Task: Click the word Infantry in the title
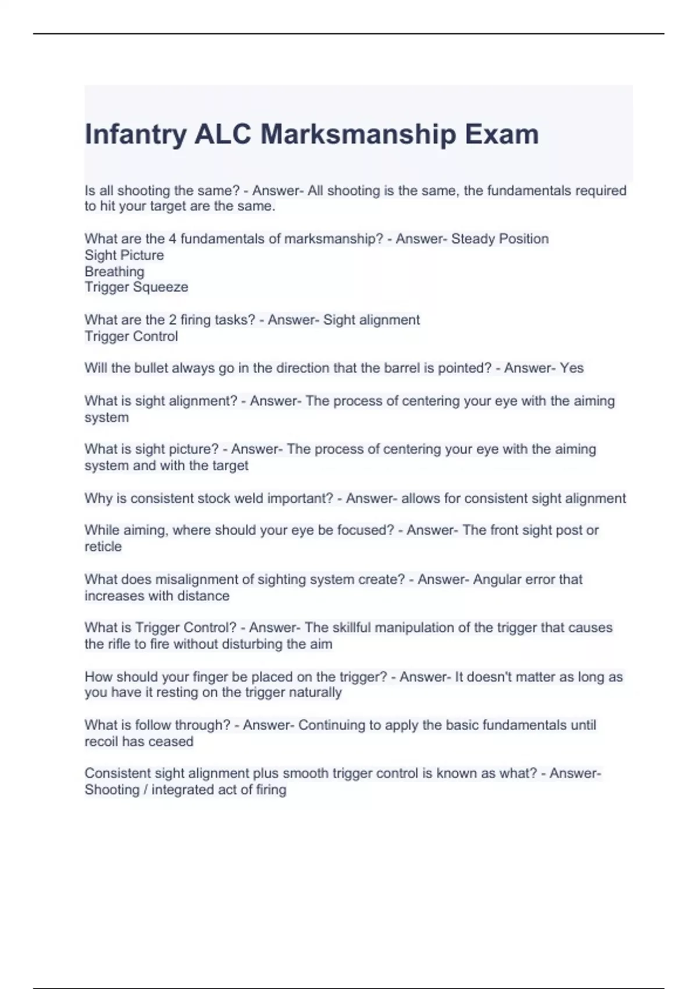point(136,134)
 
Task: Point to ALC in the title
point(223,134)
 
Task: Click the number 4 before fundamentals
point(172,239)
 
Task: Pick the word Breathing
point(114,272)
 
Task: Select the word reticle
point(103,547)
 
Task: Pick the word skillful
point(352,628)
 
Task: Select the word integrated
point(188,790)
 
